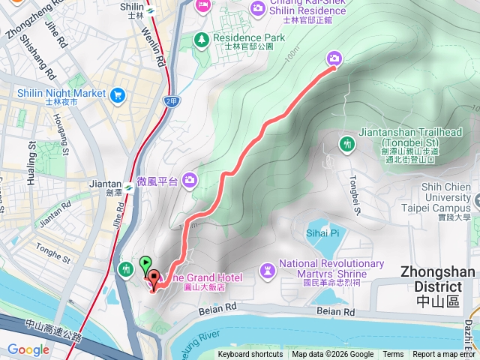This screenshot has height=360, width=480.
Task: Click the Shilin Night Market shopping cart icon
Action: (x=117, y=95)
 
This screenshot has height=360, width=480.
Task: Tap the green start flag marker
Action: (x=144, y=265)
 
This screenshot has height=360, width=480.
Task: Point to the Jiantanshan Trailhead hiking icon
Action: (x=346, y=143)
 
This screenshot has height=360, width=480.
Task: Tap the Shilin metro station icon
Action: (x=150, y=10)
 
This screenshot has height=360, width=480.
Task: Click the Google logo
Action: (x=28, y=349)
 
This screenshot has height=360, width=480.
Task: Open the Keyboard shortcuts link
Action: (x=250, y=355)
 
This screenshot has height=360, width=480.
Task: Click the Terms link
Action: (x=393, y=355)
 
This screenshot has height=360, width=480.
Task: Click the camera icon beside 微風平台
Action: (x=190, y=178)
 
